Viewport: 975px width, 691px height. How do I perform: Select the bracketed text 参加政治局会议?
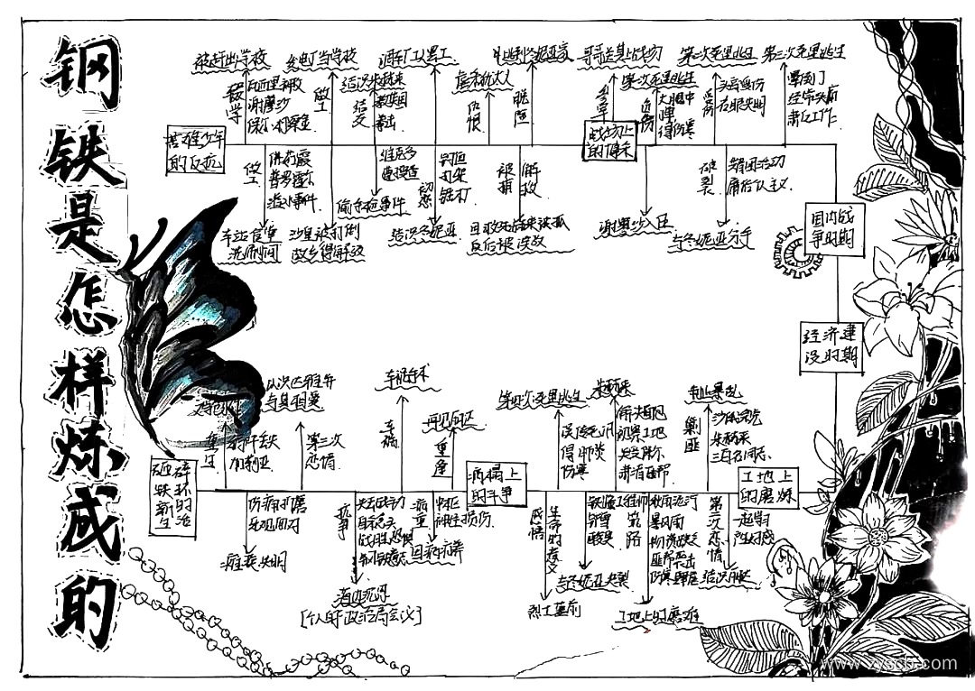(x=362, y=618)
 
